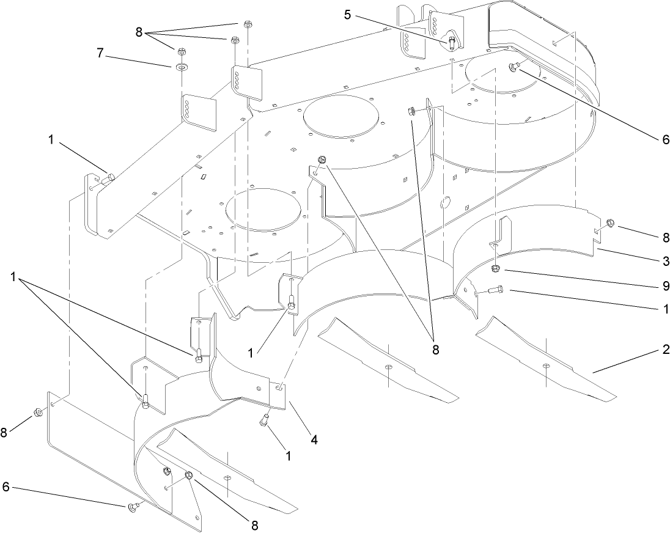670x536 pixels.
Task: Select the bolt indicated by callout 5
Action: (451, 42)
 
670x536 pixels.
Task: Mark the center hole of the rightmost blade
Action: (546, 366)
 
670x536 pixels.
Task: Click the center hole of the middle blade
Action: (389, 366)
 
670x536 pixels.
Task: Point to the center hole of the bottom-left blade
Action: (227, 479)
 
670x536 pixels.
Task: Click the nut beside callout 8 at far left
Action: (37, 413)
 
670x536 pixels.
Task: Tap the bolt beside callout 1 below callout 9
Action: (495, 291)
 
